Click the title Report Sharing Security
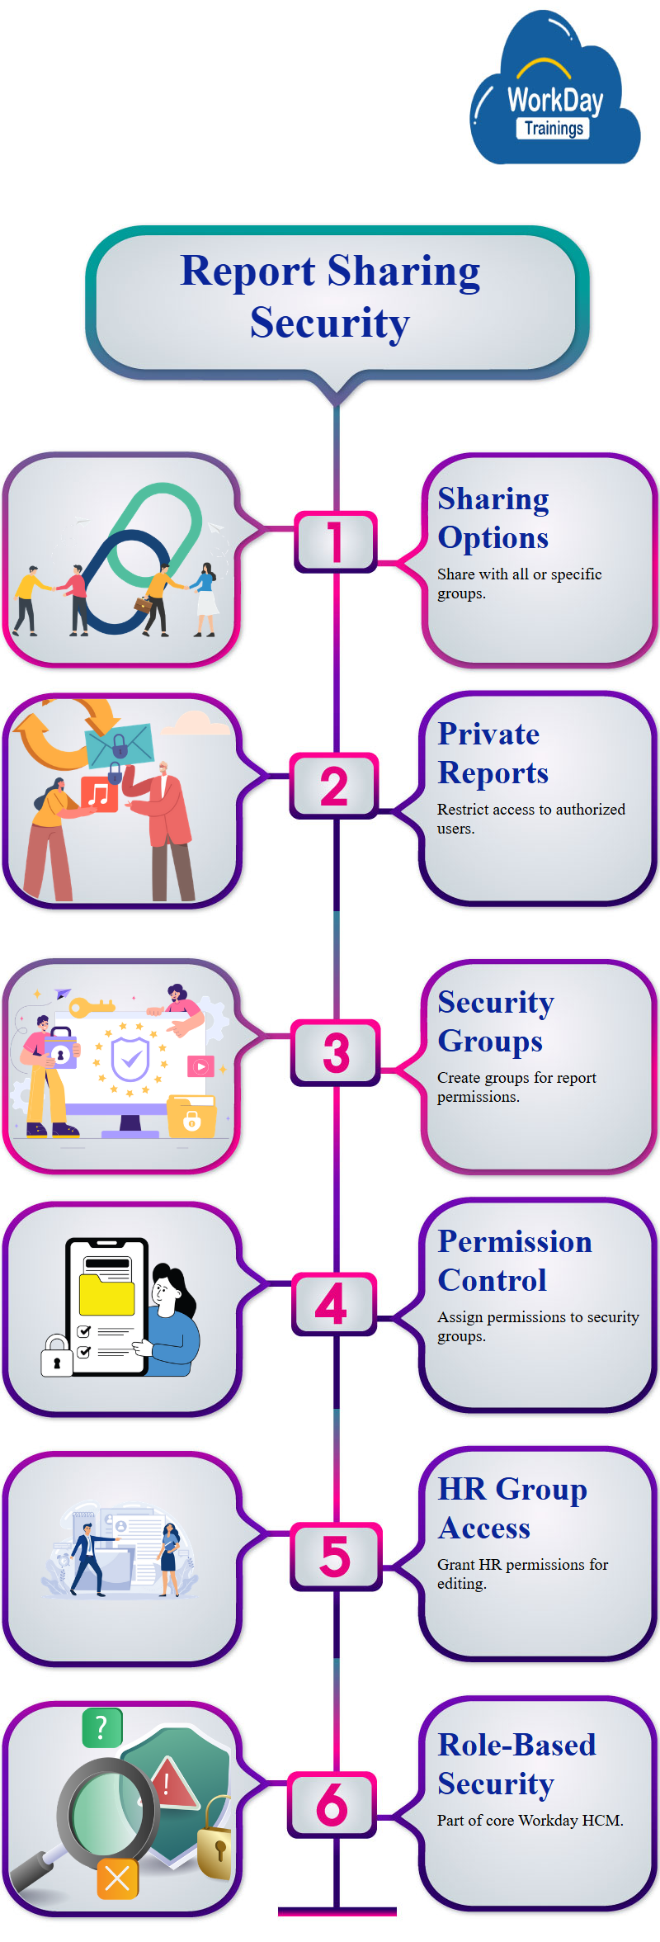point(330,296)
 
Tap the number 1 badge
point(335,541)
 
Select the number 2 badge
point(334,786)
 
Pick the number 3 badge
point(336,1052)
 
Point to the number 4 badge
point(332,1304)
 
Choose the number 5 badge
point(335,1556)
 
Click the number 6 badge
point(332,1804)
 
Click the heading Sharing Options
point(493,518)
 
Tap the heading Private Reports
point(493,754)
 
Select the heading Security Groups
point(495,1022)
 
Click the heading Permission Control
point(514,1261)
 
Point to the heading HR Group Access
point(511,1509)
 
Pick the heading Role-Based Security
point(516,1765)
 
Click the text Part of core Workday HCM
point(530,1821)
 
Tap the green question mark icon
point(102,1727)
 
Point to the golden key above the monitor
point(90,1007)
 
